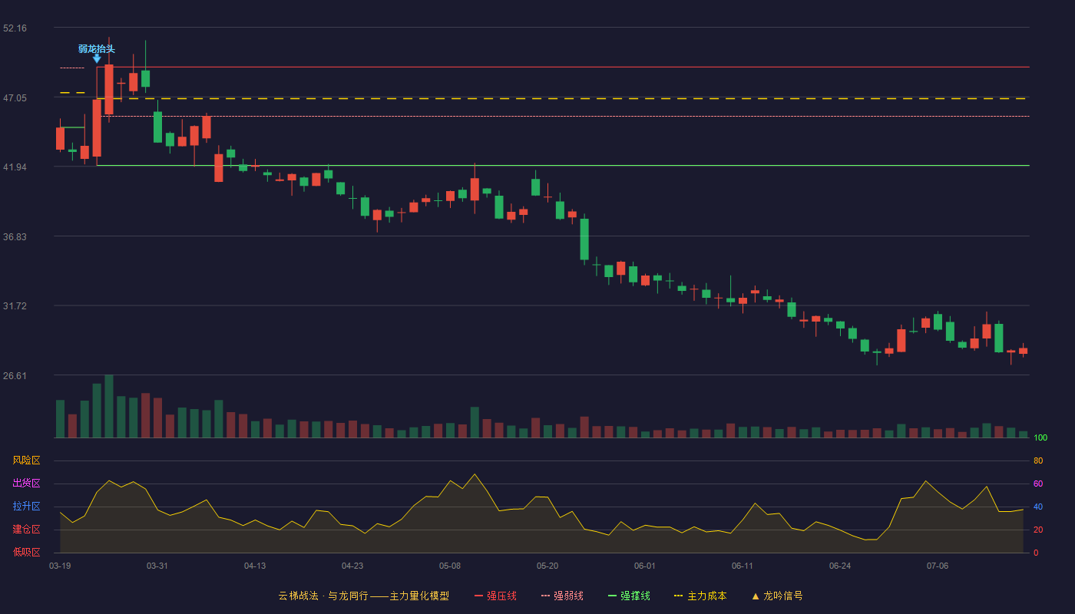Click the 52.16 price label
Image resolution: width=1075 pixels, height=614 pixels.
click(15, 28)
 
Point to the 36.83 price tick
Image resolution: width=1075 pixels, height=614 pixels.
click(15, 237)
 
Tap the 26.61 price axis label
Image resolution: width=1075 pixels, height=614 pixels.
click(15, 375)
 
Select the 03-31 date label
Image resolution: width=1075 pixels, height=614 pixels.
click(157, 566)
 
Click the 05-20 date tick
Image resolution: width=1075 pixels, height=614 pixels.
click(547, 566)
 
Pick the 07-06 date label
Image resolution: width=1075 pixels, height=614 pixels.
click(938, 566)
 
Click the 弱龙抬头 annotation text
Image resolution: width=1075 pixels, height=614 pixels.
click(97, 49)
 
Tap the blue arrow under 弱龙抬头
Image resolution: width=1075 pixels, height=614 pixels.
click(97, 58)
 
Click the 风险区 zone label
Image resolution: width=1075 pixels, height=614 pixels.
click(26, 460)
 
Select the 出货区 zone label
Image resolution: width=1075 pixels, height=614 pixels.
click(26, 483)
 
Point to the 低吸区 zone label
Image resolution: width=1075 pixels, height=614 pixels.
click(26, 552)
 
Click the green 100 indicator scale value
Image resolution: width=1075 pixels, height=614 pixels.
click(1040, 437)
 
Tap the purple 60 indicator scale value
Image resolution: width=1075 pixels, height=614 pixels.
click(1038, 484)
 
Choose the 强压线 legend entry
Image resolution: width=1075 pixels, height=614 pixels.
click(495, 596)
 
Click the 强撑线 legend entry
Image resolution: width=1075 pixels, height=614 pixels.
click(629, 596)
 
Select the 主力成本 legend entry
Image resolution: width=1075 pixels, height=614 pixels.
click(700, 596)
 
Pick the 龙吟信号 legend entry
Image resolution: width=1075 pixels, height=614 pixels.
click(777, 596)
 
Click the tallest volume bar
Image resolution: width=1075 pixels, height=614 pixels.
click(109, 406)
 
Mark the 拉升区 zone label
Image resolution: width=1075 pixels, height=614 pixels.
click(26, 506)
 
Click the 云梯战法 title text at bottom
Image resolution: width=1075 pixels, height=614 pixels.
click(298, 596)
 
